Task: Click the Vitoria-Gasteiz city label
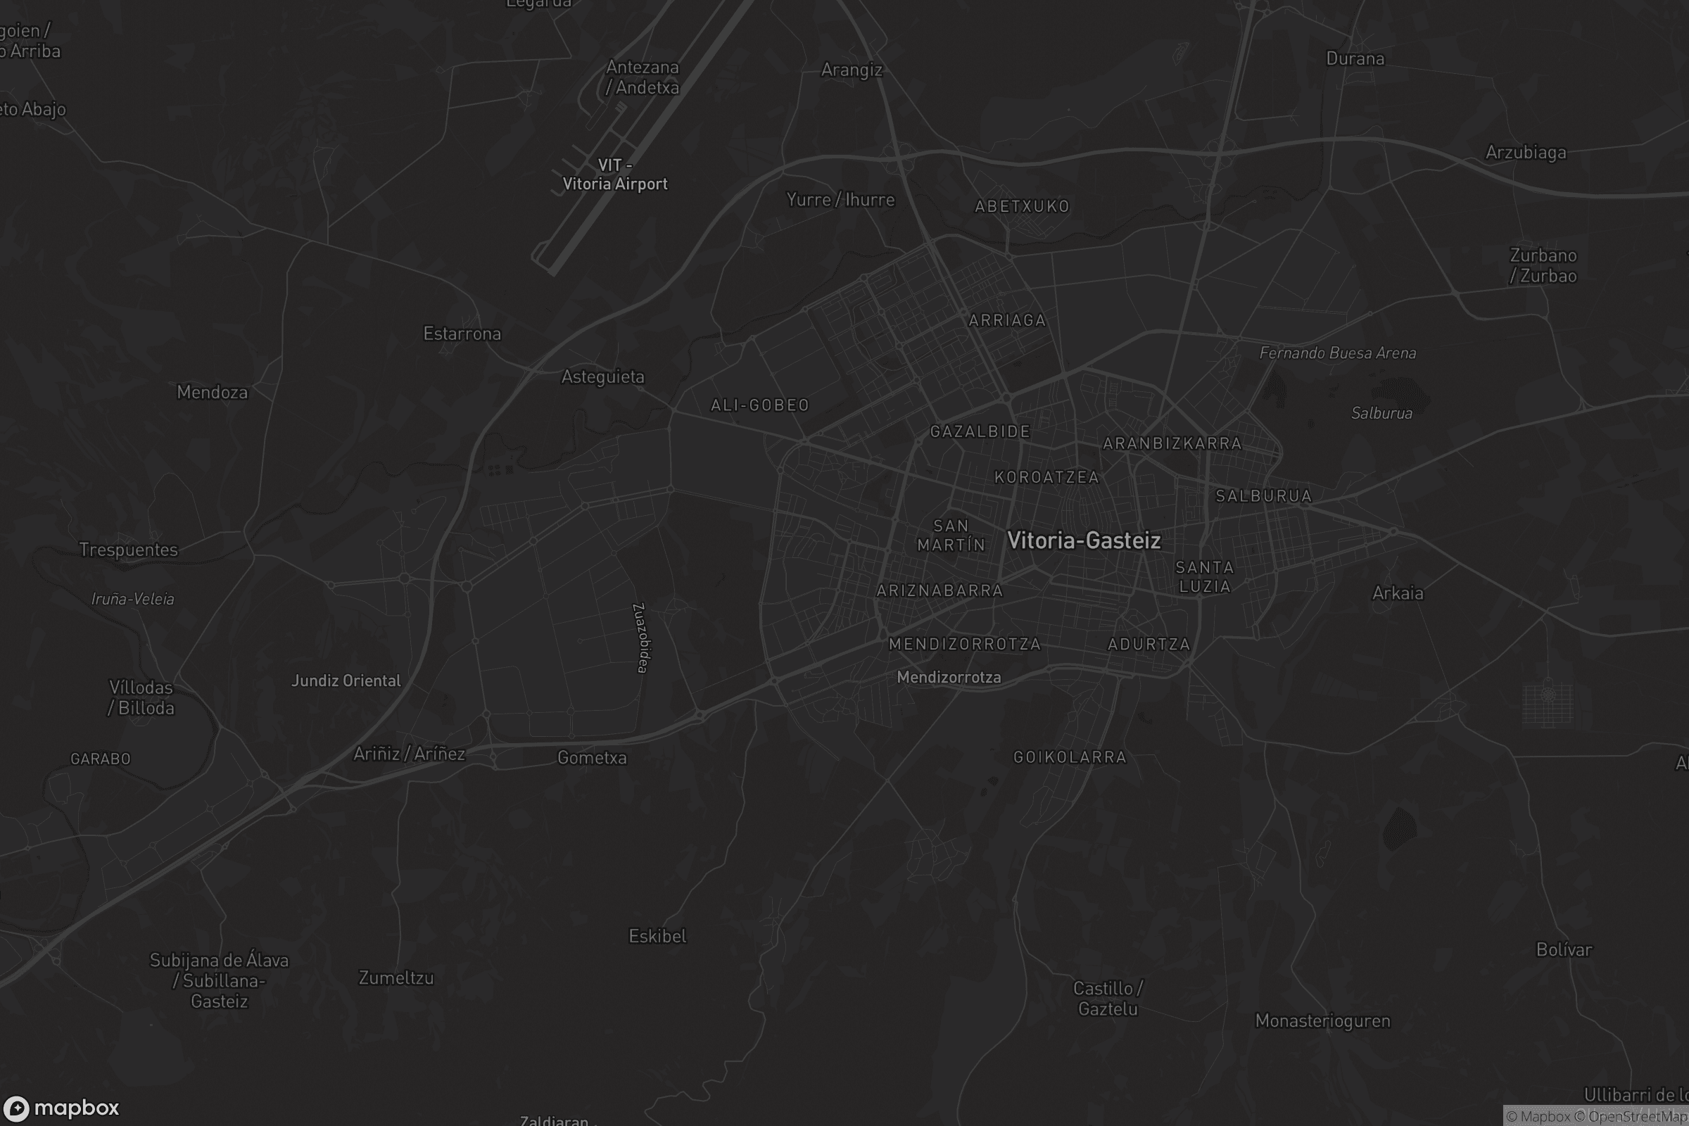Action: click(x=1084, y=540)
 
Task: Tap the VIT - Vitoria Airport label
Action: click(x=614, y=175)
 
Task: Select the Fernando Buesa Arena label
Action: click(x=1337, y=353)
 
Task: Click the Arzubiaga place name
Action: click(x=1525, y=152)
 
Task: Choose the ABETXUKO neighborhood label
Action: click(x=1022, y=207)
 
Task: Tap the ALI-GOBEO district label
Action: click(x=760, y=406)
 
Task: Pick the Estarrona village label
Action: click(x=462, y=334)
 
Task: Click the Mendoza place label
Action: click(x=212, y=392)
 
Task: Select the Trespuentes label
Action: click(x=129, y=550)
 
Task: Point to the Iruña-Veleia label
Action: click(x=133, y=599)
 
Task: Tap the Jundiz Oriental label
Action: click(x=346, y=681)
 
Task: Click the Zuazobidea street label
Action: click(x=641, y=638)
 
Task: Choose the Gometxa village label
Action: click(x=592, y=758)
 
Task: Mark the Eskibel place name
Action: click(x=657, y=937)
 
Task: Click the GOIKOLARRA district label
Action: click(x=1069, y=757)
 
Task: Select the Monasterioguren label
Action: click(x=1322, y=1021)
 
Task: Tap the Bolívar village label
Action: click(x=1563, y=950)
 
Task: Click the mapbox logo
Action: click(x=61, y=1107)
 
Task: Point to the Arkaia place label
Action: click(x=1397, y=593)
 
